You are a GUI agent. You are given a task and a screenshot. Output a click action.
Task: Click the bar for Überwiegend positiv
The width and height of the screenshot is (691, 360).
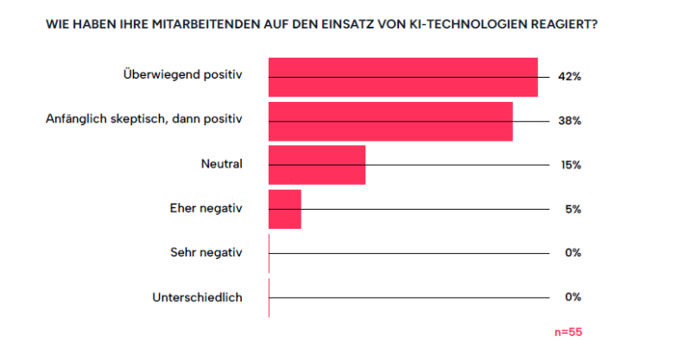pyautogui.click(x=403, y=78)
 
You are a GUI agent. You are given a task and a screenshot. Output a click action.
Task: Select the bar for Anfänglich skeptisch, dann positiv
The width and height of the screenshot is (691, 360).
pyautogui.click(x=390, y=121)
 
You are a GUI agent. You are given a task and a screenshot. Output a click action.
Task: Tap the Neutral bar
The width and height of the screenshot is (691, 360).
pyautogui.click(x=317, y=165)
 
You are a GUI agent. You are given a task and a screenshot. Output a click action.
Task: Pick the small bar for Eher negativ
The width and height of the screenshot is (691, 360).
pyautogui.click(x=285, y=209)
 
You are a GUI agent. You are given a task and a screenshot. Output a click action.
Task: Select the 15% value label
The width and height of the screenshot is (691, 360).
pyautogui.click(x=569, y=165)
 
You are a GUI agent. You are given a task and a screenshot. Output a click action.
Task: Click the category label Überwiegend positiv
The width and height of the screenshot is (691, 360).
pyautogui.click(x=183, y=74)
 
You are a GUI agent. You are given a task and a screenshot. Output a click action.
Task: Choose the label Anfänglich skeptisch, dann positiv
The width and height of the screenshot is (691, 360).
pyautogui.click(x=144, y=118)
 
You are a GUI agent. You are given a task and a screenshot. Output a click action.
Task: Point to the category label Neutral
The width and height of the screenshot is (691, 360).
pyautogui.click(x=222, y=162)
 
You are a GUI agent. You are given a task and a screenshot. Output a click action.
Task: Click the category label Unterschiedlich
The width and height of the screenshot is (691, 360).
pyautogui.click(x=197, y=297)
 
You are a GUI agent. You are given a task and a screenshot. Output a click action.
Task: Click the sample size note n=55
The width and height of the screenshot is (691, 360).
pyautogui.click(x=567, y=332)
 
